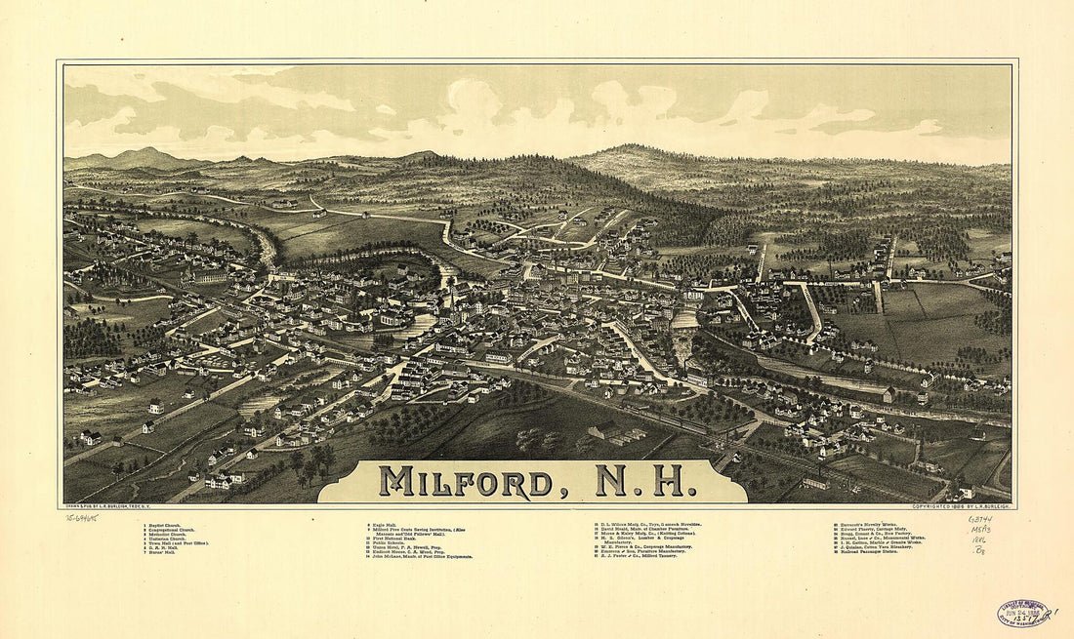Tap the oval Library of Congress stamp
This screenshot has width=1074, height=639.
point(1022,614)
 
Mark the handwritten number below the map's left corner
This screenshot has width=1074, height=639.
point(84,518)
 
